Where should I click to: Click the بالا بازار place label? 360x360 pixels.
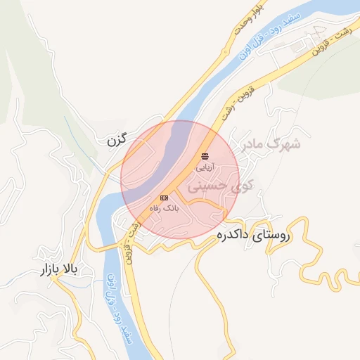click(63, 270)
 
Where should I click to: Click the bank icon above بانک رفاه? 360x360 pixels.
click(164, 198)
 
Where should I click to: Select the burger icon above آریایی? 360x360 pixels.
click(205, 155)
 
